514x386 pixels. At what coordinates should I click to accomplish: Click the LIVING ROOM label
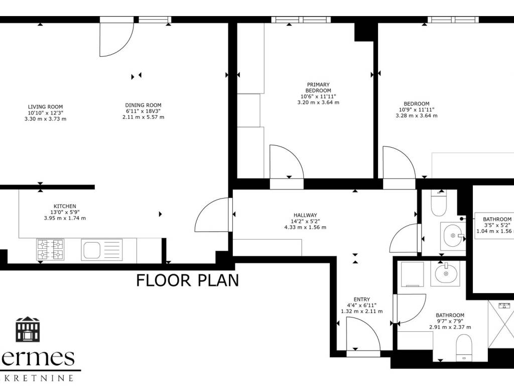pyautogui.click(x=45, y=107)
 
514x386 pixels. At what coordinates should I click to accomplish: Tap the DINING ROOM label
pyautogui.click(x=143, y=105)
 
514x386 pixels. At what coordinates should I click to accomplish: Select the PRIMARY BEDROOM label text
pyautogui.click(x=318, y=87)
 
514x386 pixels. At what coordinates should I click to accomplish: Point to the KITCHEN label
pyautogui.click(x=65, y=206)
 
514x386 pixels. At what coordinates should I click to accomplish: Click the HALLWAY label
pyautogui.click(x=305, y=215)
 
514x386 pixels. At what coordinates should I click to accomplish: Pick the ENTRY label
pyautogui.click(x=361, y=300)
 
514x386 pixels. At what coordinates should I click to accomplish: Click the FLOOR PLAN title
pyautogui.click(x=188, y=280)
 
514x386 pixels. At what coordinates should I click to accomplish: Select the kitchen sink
pyautogui.click(x=101, y=249)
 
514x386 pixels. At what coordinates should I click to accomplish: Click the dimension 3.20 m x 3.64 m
pyautogui.click(x=318, y=103)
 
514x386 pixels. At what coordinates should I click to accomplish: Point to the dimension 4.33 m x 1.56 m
pyautogui.click(x=305, y=227)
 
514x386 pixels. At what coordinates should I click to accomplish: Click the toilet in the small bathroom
pyautogui.click(x=439, y=203)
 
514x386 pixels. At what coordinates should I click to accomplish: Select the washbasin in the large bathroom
pyautogui.click(x=446, y=272)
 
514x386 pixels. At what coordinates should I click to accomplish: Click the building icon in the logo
pyautogui.click(x=28, y=329)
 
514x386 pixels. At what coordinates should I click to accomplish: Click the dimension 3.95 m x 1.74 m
pyautogui.click(x=65, y=218)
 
